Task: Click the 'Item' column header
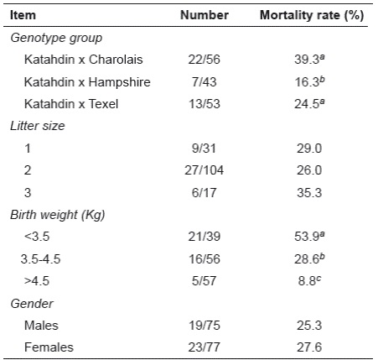[x=27, y=15]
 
